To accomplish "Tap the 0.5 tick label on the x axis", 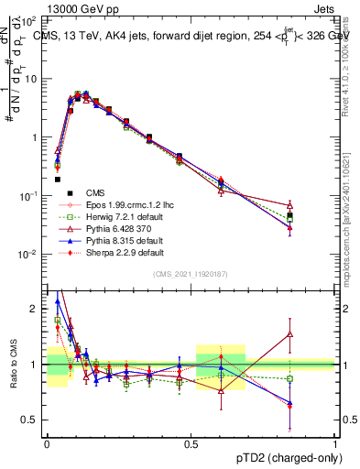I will pos(191,442).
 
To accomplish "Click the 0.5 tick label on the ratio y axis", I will pos(33,420).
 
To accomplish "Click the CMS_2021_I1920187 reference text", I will pos(191,274).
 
